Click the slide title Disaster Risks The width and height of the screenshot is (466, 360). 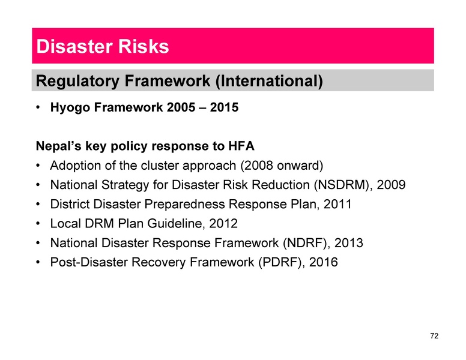pos(102,46)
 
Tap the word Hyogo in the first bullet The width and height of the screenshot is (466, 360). pos(70,109)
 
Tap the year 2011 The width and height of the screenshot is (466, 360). pos(337,205)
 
